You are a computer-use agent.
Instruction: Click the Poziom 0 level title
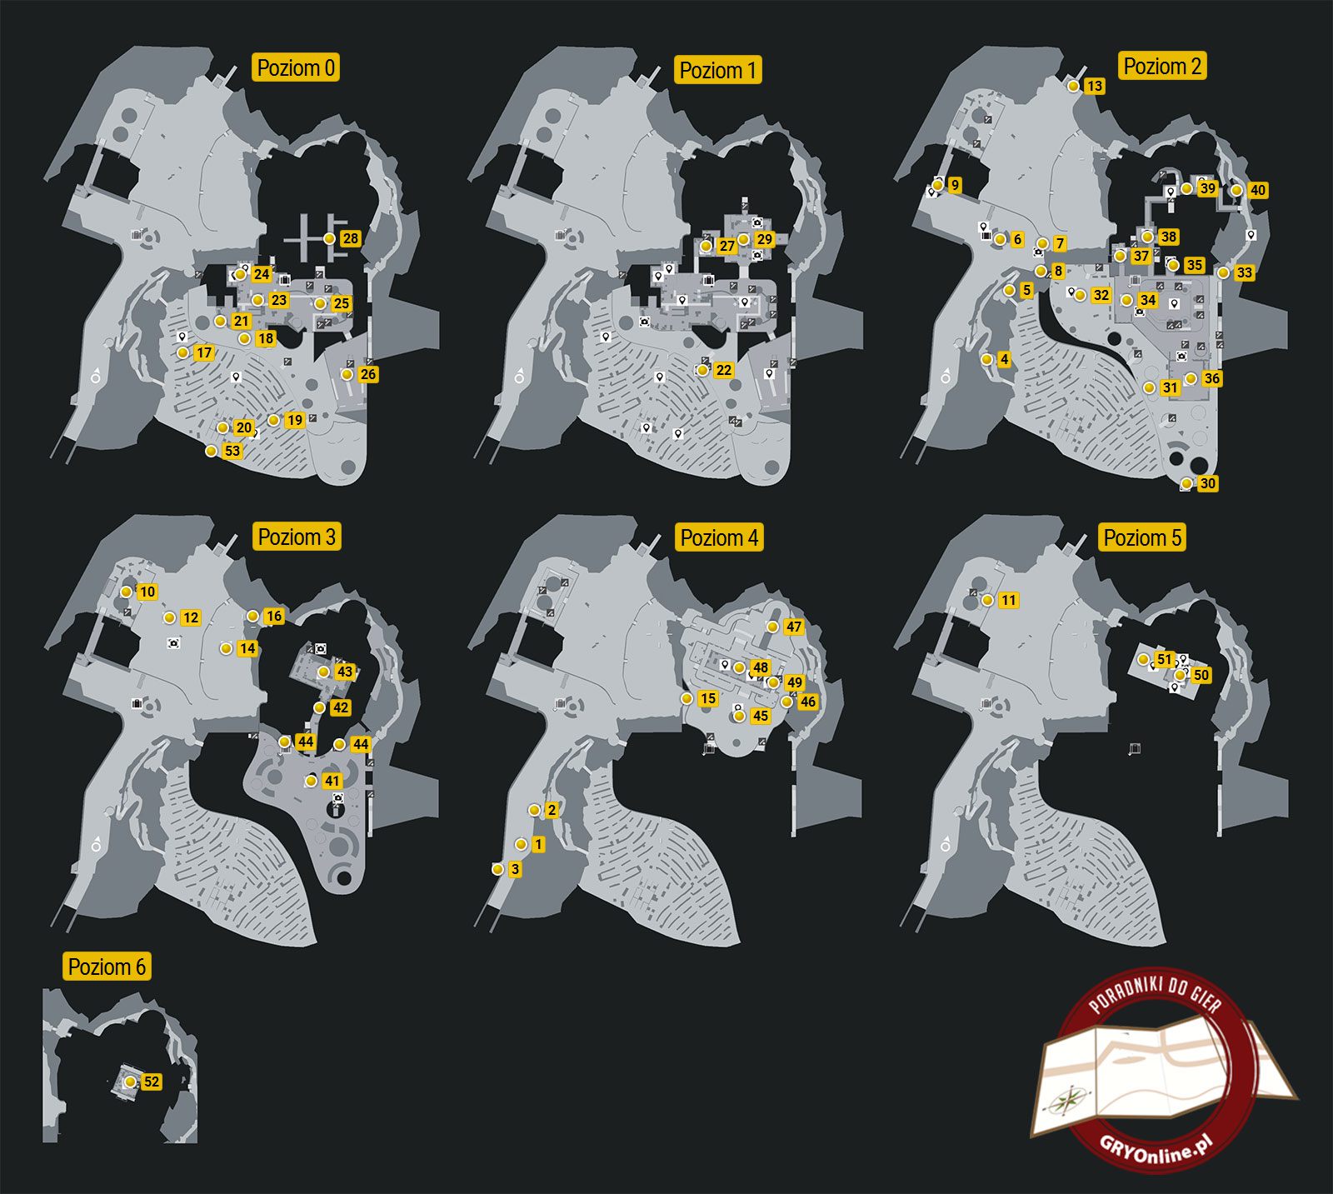tap(296, 67)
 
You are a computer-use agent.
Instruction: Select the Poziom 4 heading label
tap(719, 537)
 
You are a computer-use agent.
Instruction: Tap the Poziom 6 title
tap(107, 967)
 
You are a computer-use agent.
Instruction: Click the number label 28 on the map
tap(351, 238)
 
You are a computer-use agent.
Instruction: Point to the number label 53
tap(232, 451)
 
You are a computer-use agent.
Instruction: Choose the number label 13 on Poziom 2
tap(1095, 86)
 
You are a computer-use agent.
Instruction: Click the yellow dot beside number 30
tap(1186, 483)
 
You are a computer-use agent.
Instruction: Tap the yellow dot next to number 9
tap(938, 185)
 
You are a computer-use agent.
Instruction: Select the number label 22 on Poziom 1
tap(724, 370)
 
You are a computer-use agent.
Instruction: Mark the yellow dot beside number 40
tap(1236, 190)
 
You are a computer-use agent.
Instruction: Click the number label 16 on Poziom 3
tap(274, 617)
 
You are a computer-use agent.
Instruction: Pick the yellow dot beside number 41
tap(311, 781)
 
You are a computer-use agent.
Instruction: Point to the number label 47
tap(794, 627)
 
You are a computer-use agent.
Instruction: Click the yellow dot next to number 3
tap(497, 869)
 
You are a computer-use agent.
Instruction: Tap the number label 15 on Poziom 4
tap(708, 698)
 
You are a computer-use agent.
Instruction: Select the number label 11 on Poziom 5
tap(1009, 600)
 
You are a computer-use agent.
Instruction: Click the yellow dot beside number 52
tap(130, 1082)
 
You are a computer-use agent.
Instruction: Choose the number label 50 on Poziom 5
tap(1201, 675)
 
